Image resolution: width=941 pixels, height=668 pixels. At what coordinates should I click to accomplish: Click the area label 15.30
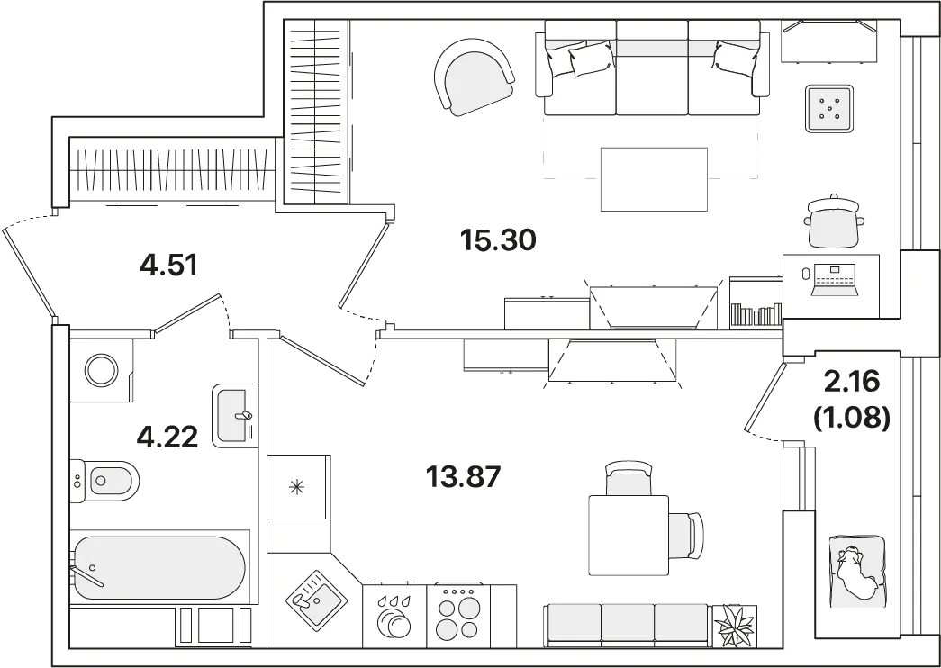497,240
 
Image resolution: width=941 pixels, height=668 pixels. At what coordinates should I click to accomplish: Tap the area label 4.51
168,265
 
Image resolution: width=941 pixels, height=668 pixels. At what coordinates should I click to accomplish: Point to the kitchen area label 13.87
463,478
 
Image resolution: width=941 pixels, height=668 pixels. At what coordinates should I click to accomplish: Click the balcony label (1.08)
851,419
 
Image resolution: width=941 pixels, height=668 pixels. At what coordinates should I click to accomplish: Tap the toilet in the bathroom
104,481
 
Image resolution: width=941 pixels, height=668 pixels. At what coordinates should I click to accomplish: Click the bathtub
159,568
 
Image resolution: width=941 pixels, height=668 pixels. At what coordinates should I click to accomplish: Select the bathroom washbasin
235,415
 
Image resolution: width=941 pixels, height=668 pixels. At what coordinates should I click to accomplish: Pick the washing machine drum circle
102,370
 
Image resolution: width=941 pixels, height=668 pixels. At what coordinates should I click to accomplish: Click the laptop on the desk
834,280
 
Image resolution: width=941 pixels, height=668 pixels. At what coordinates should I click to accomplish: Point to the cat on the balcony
854,572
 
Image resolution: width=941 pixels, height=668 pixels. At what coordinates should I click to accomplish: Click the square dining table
629,536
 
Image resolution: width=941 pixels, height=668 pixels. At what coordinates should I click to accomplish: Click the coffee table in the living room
654,179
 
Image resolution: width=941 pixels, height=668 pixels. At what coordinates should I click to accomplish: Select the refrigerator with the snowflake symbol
298,487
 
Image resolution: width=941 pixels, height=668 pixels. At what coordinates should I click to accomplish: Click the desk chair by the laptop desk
831,221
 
